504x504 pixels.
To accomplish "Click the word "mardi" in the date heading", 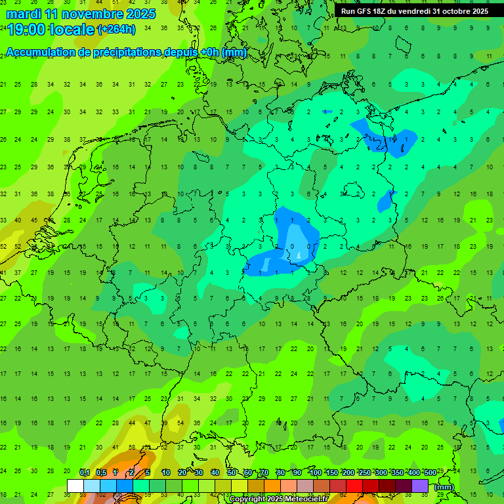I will coord(24,13).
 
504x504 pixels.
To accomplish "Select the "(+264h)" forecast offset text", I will coord(116,30).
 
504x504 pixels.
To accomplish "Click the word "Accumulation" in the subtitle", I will coord(41,52).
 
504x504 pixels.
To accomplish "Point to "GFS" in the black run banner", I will coord(367,11).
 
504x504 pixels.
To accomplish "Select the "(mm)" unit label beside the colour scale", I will coord(444,487).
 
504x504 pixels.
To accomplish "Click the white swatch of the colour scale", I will coord(75,486).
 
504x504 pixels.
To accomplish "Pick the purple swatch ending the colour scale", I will coord(420,486).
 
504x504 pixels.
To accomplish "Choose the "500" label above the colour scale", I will coord(430,472).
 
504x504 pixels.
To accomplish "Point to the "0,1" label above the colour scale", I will coord(85,472).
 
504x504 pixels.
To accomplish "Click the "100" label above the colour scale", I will coord(315,472).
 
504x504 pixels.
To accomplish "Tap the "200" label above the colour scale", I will coord(348,472).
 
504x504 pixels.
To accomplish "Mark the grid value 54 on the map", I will coord(180,423).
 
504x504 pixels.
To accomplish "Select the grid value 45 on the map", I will coord(34,220).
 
